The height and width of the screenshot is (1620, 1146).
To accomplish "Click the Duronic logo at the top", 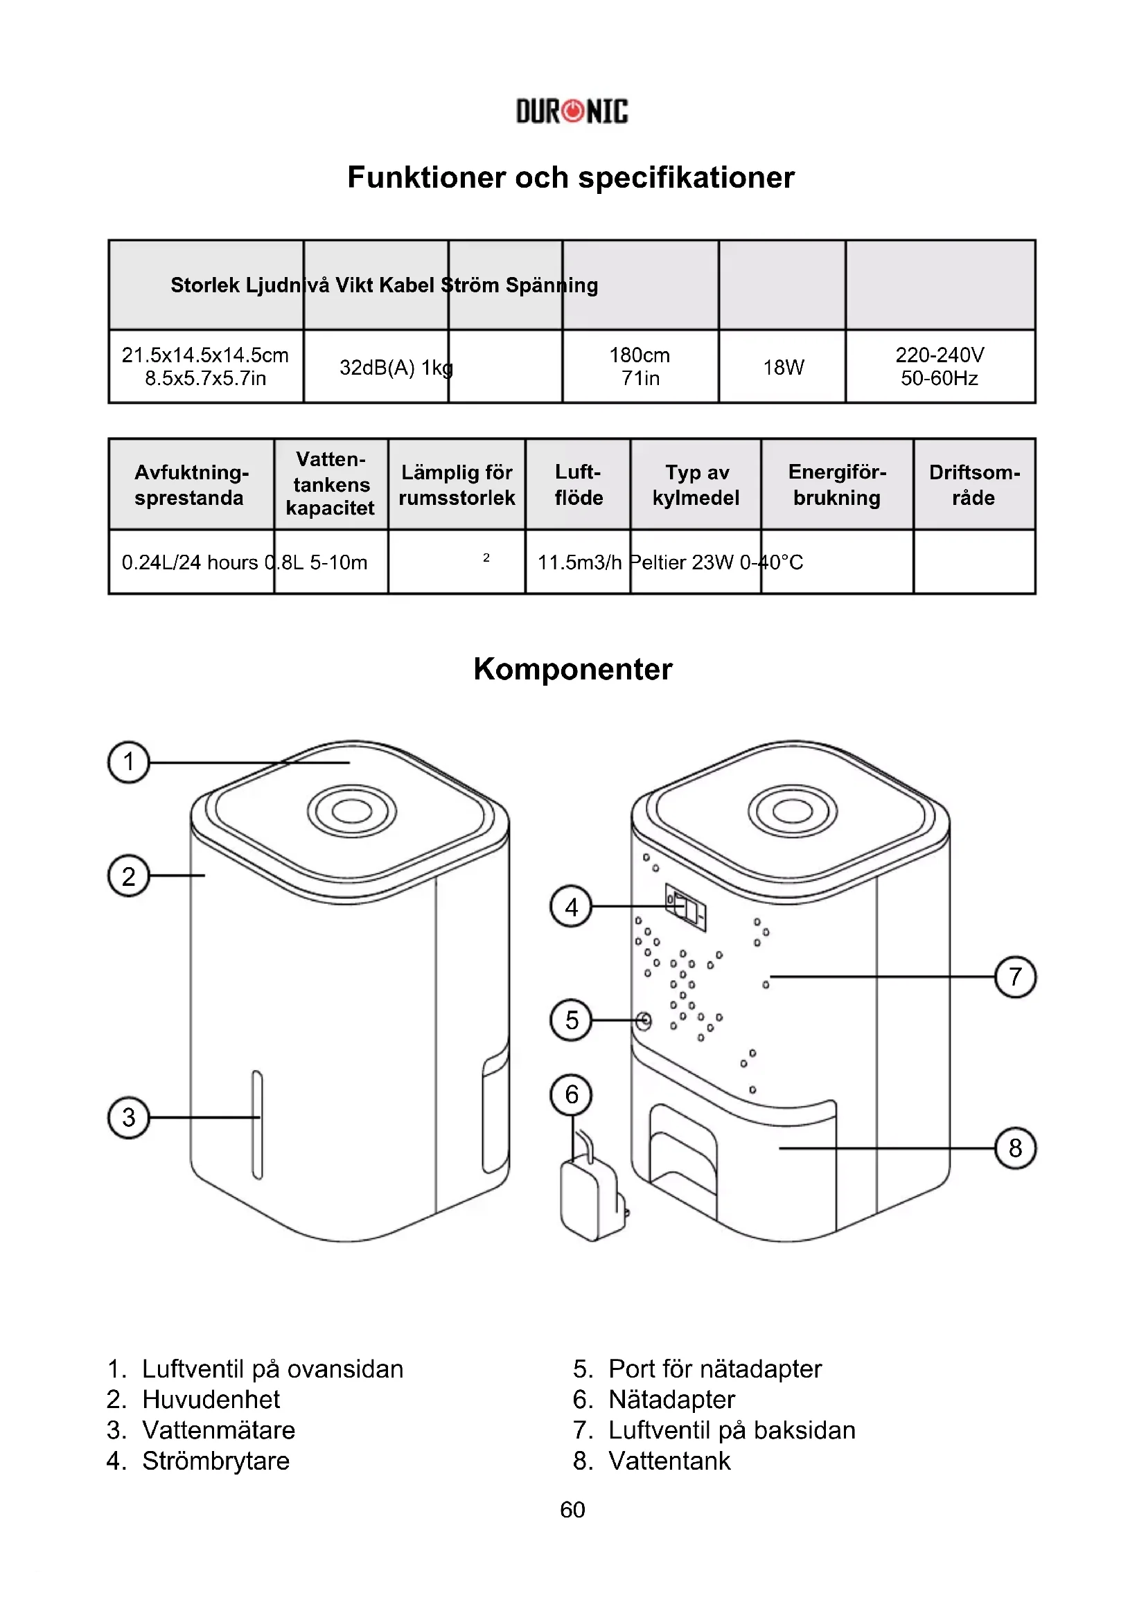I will tap(572, 112).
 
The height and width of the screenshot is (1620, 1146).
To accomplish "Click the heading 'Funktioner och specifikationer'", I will tap(571, 177).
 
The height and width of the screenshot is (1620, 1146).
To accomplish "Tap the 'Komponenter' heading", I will tap(572, 669).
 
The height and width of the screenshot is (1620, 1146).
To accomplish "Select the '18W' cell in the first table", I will tap(782, 367).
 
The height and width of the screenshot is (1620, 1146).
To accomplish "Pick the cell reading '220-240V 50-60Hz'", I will tap(940, 366).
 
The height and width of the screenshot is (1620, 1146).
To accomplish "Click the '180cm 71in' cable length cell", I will tap(640, 366).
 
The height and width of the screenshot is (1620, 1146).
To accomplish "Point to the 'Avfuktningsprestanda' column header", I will tap(191, 485).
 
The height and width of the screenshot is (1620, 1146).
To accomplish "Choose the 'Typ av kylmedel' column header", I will tap(696, 485).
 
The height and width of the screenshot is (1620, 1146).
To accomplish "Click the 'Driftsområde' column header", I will tap(973, 485).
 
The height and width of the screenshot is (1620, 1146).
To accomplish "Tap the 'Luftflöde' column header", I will tap(578, 485).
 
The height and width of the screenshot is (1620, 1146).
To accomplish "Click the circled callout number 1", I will tap(128, 762).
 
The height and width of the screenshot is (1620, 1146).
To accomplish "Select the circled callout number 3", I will tap(128, 1118).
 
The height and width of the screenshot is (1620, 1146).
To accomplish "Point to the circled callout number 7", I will tap(1015, 977).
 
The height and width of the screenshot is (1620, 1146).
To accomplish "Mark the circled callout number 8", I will tap(1015, 1148).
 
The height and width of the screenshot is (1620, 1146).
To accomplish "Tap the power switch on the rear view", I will tap(686, 907).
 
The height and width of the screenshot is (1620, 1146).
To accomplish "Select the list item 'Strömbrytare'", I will tap(216, 1461).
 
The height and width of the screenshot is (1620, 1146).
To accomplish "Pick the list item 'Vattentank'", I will tap(669, 1461).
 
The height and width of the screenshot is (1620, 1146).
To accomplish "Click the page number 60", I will tap(572, 1509).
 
